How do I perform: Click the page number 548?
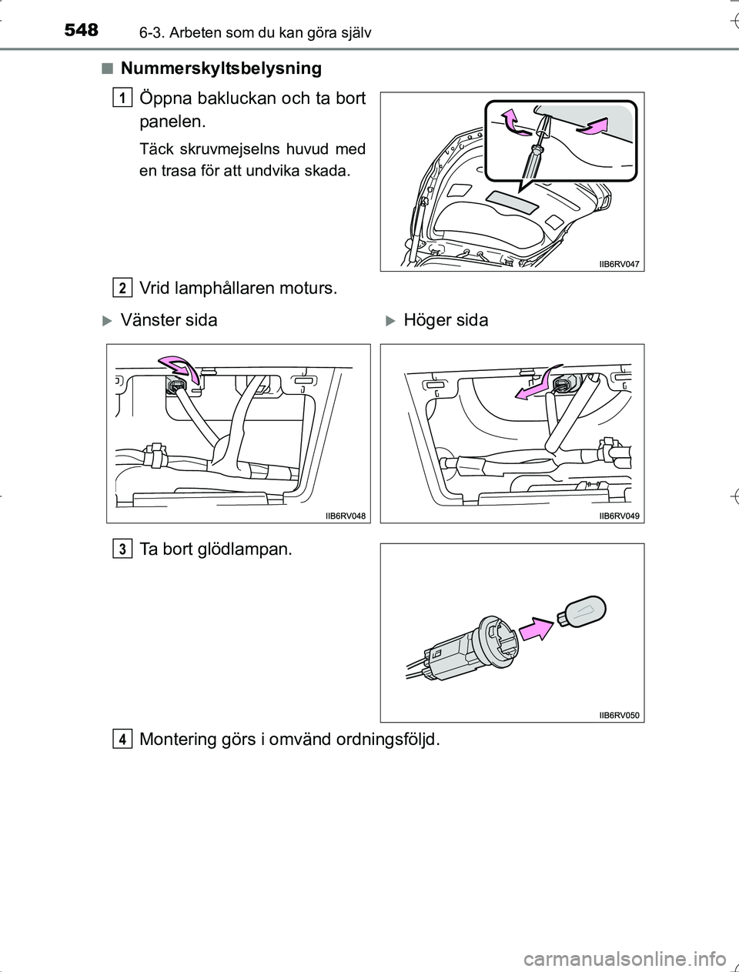point(81,30)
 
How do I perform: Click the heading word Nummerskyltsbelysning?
point(221,68)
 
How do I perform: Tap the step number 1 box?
point(122,97)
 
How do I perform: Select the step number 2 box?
point(122,288)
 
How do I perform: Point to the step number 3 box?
point(122,549)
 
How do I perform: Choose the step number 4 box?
point(122,739)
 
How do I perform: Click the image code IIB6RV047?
point(619,264)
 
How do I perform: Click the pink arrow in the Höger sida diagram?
point(536,382)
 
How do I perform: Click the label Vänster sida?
point(169,320)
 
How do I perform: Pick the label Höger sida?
point(446,320)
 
